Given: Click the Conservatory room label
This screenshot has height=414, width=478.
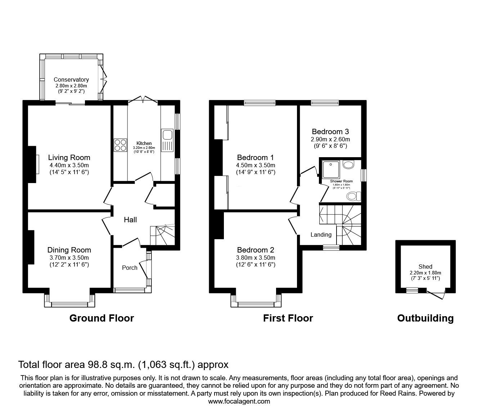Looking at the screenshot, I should tap(71, 79).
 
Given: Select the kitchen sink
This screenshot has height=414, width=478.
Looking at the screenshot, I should tap(167, 135).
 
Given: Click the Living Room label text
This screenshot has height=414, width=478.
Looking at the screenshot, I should tap(69, 158).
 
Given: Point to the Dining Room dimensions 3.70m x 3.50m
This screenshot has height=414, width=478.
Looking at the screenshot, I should tap(69, 258).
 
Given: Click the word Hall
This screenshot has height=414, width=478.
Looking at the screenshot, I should tap(130, 220).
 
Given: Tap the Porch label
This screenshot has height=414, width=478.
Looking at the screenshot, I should tap(130, 268).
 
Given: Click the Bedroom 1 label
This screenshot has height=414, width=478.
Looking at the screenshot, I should tap(256, 158).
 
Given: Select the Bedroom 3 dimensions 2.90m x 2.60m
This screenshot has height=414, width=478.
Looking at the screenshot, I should tap(330, 139).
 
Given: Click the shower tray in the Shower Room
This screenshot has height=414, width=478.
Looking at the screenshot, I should tap(329, 168).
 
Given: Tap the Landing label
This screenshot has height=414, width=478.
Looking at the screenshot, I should tap(321, 235).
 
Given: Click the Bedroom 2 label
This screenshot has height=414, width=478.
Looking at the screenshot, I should tap(256, 250).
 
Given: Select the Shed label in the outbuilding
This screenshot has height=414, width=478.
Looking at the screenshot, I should tap(425, 267).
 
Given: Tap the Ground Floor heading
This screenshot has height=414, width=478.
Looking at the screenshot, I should tap(102, 318).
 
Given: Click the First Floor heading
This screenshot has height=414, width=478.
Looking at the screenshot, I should tap(288, 318).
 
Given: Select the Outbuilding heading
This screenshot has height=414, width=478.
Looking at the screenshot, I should tap(425, 318).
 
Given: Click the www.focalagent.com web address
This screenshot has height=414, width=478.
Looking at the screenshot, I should tap(239, 401).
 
